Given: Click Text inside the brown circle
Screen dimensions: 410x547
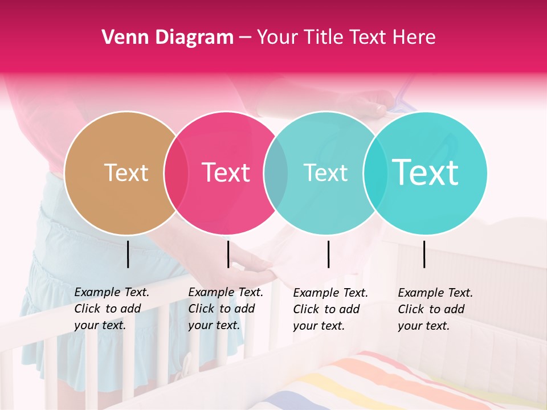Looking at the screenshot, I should coord(126,173).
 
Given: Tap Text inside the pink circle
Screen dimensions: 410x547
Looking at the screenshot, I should coord(226,173).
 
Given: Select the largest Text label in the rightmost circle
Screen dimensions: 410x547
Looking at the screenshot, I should coord(426,173).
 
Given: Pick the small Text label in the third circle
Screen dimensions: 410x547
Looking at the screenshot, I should coord(325,173).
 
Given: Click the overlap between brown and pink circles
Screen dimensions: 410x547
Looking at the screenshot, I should coord(176,173).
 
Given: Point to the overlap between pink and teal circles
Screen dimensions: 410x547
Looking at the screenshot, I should coord(276,173).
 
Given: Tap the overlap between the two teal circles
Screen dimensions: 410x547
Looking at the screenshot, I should coord(375,173).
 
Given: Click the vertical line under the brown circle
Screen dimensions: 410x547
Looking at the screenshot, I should coord(128,254).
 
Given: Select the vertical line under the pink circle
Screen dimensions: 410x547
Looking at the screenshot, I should coord(228,254).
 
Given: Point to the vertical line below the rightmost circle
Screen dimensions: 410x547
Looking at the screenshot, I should coord(424,254).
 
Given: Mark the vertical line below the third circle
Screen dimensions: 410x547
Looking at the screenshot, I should coord(329,254).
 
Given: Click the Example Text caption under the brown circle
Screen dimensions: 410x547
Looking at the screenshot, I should coord(111,309).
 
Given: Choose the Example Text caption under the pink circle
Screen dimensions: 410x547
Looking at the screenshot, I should coord(225,309).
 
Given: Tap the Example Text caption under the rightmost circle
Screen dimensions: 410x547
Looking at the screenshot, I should coord(435,309).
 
